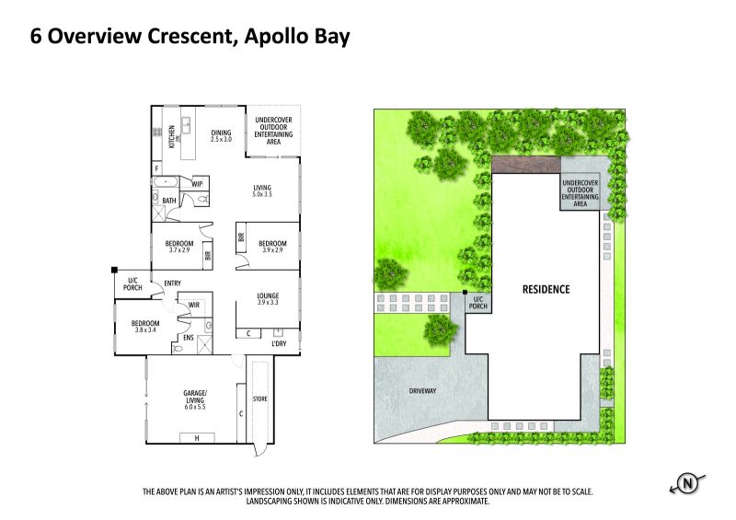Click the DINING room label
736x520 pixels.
coord(221,136)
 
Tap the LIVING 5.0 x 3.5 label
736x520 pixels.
coord(262,191)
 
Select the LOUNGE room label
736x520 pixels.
coord(268,299)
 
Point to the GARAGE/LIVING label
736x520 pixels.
coord(195,399)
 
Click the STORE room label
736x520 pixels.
coord(260,399)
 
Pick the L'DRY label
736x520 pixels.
coord(279,344)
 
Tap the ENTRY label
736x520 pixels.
coord(172,283)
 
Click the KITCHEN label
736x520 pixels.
coord(172,137)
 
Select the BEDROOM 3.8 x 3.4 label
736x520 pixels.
coord(145,327)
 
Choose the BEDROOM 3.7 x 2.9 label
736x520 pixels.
coord(179,247)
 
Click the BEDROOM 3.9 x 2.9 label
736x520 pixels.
coord(272,247)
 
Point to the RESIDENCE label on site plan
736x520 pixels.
coord(546,289)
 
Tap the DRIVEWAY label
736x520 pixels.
coord(422,391)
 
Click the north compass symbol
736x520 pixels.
coord(687,484)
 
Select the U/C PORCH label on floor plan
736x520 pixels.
coord(132,284)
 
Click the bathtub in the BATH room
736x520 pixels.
coord(166,182)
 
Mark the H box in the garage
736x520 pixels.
coord(197,438)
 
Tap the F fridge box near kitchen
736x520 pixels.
coord(156,168)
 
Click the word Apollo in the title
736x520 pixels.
coord(274,36)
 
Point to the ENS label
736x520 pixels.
coord(189,338)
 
